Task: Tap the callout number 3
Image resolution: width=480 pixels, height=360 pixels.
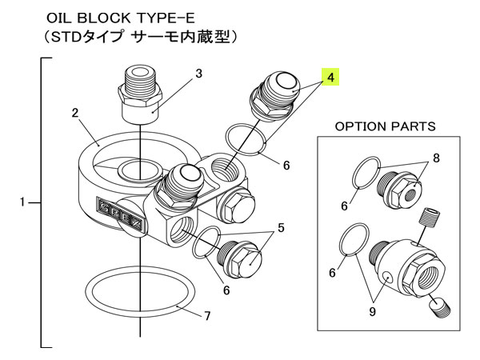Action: (198, 74)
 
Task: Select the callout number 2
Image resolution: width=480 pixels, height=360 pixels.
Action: (74, 113)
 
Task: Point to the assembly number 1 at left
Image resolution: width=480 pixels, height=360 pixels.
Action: (23, 203)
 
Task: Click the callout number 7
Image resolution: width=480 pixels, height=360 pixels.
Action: (206, 316)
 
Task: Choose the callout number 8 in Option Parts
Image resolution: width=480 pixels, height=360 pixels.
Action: (437, 158)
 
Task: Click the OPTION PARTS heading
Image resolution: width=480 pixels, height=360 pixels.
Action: (385, 126)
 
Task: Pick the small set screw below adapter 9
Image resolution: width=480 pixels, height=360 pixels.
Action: (440, 306)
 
